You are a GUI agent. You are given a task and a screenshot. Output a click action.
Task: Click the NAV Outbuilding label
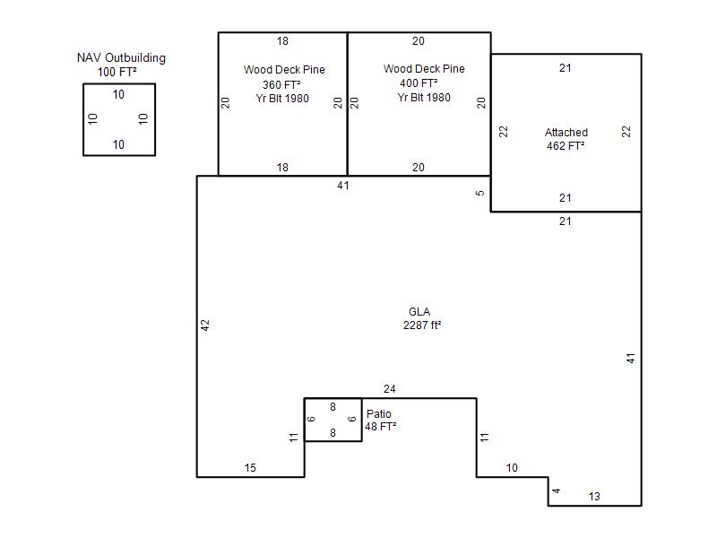[x=121, y=58]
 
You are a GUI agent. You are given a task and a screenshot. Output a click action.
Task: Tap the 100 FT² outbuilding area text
[x=117, y=72]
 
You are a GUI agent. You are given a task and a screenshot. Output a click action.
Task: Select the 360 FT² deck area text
[x=281, y=84]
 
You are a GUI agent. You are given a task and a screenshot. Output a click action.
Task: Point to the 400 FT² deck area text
[x=419, y=83]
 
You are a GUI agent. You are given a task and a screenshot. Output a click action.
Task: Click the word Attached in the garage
[x=566, y=132]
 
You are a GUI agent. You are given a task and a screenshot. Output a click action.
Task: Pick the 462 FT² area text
[x=566, y=146]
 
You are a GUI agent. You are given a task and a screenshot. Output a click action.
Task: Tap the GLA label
[x=419, y=312]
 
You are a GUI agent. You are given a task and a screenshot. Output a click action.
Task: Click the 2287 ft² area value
[x=422, y=325]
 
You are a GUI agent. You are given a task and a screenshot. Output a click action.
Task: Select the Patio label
[x=379, y=414]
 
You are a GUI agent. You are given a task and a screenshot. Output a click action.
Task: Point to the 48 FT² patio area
[x=380, y=427]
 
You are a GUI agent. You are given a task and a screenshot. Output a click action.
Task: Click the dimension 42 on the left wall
[x=205, y=325]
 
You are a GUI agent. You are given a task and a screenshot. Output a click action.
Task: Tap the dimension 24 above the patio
[x=390, y=389]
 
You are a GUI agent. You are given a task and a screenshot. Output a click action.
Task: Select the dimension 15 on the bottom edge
[x=250, y=467]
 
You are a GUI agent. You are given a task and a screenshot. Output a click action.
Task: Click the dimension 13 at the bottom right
[x=594, y=497]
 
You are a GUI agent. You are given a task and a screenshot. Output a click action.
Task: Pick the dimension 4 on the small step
[x=556, y=490]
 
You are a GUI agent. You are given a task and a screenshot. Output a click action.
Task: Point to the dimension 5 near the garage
[x=479, y=193]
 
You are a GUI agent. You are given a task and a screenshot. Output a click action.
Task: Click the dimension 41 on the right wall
[x=631, y=358]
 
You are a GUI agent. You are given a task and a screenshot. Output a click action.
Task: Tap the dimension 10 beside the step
[x=512, y=467]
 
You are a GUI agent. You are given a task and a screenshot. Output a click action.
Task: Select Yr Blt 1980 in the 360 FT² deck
[x=282, y=99]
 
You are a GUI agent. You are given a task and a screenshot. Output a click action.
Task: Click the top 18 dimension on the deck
[x=282, y=41]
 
